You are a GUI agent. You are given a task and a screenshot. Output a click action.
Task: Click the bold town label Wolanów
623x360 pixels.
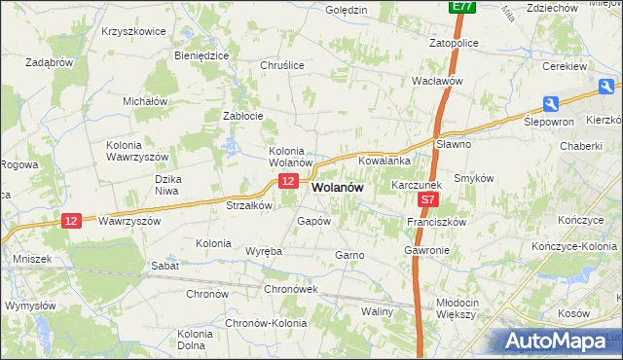[338, 190]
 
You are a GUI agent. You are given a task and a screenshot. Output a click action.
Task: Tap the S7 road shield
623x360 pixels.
[428, 200]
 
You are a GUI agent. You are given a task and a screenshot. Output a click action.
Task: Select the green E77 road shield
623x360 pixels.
[462, 7]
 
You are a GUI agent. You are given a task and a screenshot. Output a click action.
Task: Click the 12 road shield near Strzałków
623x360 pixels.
[287, 182]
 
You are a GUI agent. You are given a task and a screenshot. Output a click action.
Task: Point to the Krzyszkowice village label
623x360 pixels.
[133, 31]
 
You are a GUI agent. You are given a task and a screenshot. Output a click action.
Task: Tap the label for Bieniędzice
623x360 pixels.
[201, 55]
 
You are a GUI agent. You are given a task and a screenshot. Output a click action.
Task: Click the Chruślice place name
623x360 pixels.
[282, 65]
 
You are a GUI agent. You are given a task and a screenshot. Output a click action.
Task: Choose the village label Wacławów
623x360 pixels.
[436, 82]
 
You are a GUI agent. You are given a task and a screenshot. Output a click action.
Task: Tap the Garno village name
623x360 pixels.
[349, 255]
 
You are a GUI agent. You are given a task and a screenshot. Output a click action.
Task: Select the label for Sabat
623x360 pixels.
[164, 265]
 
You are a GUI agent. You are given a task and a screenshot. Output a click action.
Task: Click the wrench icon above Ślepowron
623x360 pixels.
[551, 104]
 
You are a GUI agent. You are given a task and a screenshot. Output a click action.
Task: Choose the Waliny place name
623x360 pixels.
[377, 312]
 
